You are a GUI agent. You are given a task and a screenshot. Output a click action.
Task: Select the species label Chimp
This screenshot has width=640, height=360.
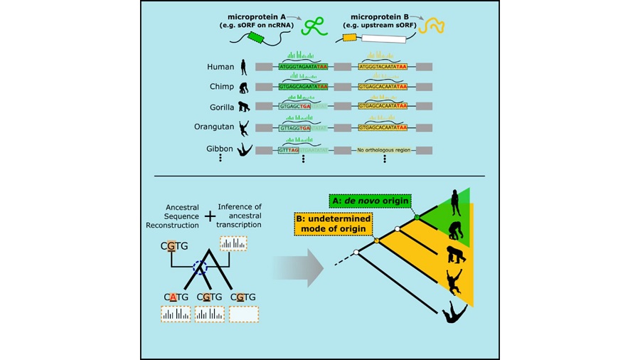coord(222,87)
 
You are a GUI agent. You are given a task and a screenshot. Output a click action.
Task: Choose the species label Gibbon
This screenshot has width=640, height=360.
coord(220,148)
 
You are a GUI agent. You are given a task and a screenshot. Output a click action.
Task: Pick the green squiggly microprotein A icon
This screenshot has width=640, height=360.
coord(314,27)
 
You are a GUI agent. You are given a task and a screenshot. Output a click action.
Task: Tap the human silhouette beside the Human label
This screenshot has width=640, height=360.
coord(244,67)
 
